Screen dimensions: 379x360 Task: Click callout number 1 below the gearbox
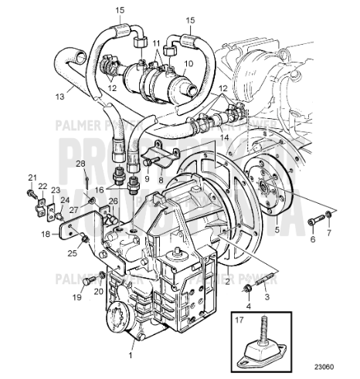click(x=131, y=357)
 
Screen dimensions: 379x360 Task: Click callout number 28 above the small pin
click(x=79, y=164)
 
